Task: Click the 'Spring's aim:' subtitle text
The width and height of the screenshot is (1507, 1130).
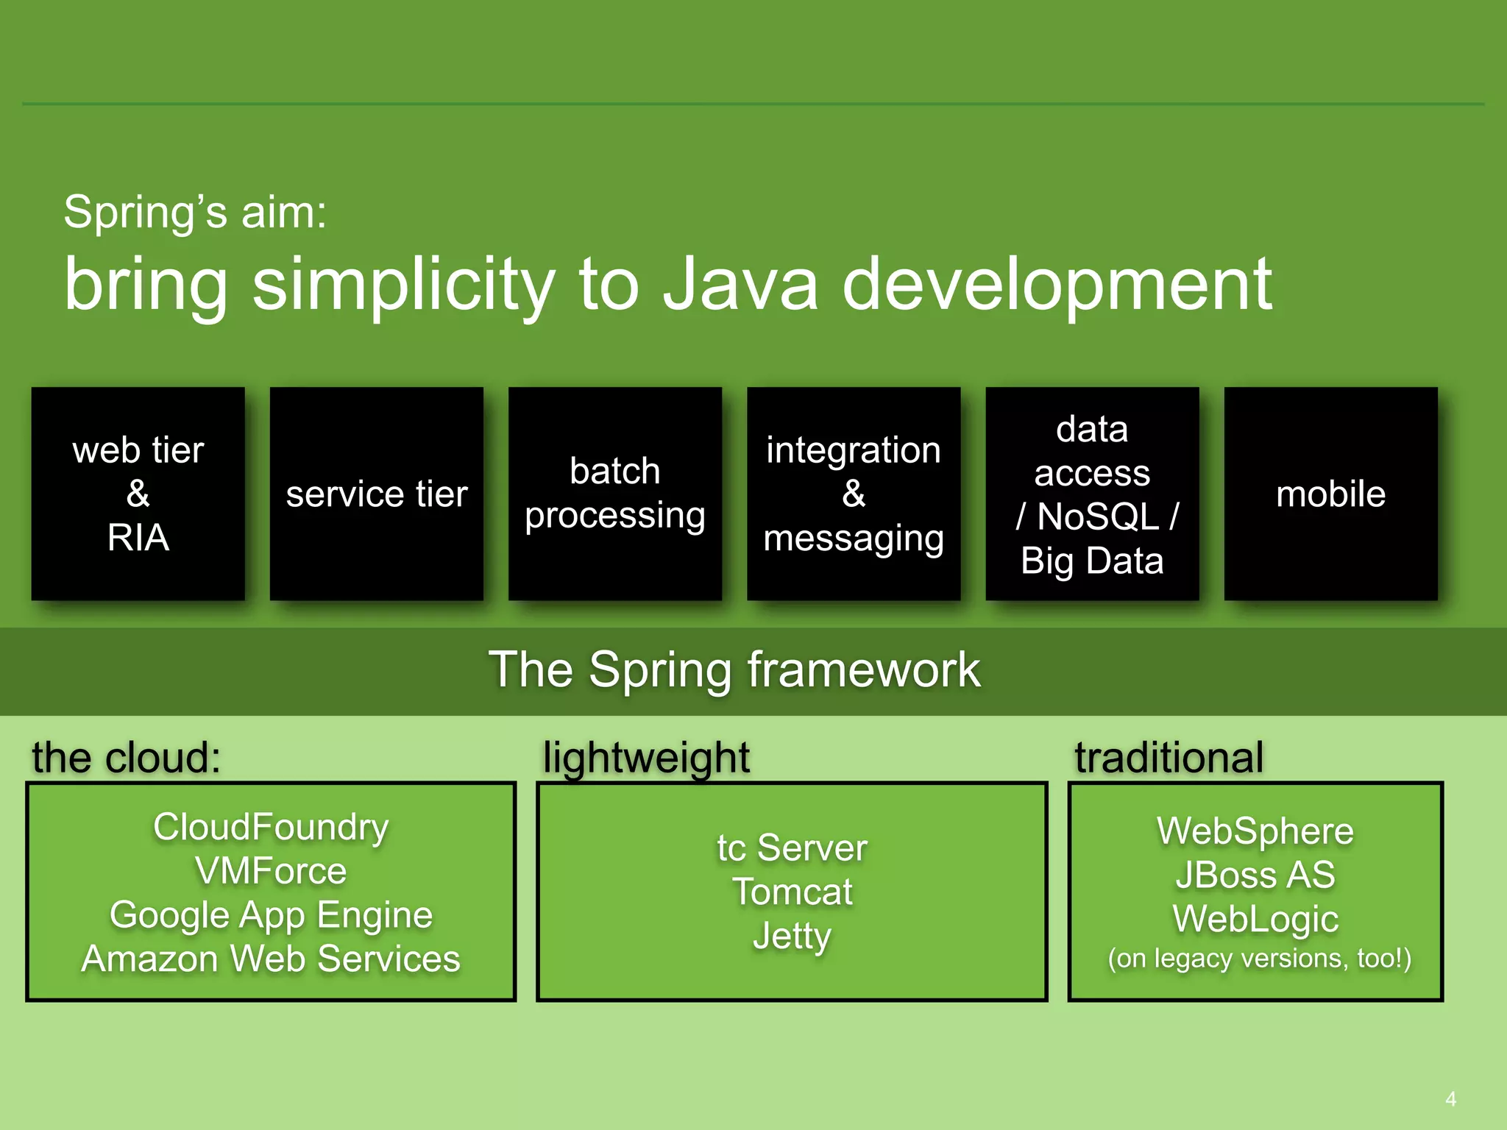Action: coord(195,213)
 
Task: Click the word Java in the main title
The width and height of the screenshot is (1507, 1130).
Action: coord(740,285)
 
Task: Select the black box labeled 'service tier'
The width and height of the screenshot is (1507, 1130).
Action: coord(377,494)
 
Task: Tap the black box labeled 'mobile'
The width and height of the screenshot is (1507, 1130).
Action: coord(1330,494)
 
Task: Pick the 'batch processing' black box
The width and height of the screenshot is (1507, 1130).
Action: coord(615,494)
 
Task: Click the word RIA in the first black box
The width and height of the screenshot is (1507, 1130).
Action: coord(138,538)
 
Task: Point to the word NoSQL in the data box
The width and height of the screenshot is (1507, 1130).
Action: coord(1098,516)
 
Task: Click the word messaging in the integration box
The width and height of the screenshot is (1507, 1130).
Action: coord(854,539)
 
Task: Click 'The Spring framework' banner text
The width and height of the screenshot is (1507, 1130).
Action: coord(734,670)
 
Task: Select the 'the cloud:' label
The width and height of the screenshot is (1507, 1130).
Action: coord(126,757)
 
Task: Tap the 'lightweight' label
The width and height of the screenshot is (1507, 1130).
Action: coord(646,757)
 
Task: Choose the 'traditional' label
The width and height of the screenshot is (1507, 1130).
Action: coord(1169,757)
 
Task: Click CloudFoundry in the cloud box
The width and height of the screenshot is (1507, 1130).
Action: coord(271,827)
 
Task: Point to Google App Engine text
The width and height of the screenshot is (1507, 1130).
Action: coord(271,915)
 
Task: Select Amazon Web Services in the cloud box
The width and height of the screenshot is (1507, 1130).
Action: coord(271,959)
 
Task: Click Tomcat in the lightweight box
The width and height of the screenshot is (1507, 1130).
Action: coord(792,892)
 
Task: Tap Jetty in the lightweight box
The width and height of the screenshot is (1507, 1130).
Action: coord(792,936)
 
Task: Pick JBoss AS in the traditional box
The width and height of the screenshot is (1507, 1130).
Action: coord(1255,875)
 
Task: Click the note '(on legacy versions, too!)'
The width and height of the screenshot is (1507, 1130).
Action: coord(1259,958)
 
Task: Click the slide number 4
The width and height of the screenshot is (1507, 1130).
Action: coord(1450,1099)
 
